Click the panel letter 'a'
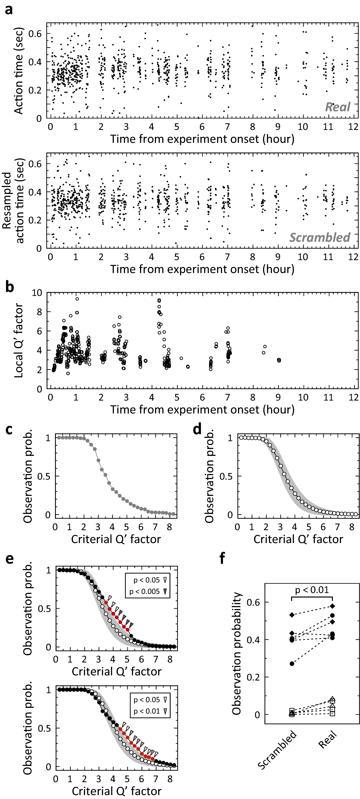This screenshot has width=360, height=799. pos(9,10)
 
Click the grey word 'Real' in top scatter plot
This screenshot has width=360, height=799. pos(337,107)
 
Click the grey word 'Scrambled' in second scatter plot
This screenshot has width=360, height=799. pos(320,237)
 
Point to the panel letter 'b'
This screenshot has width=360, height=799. pos(10,287)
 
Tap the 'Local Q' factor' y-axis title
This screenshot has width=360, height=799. pos(19,341)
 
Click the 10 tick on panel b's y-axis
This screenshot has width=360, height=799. pos(37,293)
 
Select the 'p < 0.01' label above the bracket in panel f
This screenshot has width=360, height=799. pos(312,590)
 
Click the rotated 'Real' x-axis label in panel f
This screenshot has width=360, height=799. pos(327,739)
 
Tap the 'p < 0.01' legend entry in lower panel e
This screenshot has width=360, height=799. pos(147,711)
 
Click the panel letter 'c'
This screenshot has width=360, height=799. pos(9,430)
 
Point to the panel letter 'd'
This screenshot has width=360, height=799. pos(197,430)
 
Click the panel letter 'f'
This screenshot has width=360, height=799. pos(222,558)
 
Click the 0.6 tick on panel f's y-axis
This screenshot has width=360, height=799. pos(253,602)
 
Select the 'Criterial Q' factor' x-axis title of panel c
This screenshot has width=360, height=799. pos(116,539)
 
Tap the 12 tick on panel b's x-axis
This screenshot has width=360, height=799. pos(353,397)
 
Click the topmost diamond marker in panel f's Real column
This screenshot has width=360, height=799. pos(332,606)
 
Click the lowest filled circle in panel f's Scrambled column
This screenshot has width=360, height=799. pos(292,663)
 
